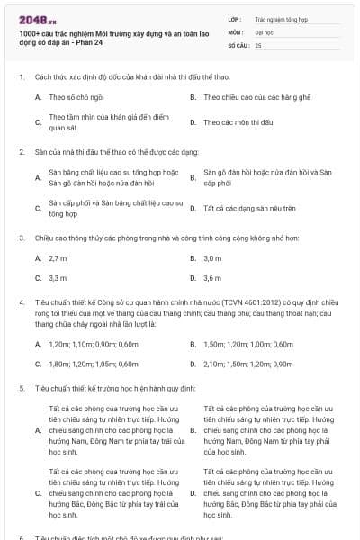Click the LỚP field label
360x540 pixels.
point(234,18)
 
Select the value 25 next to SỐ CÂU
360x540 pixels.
point(258,44)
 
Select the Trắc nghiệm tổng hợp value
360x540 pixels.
point(278,18)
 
